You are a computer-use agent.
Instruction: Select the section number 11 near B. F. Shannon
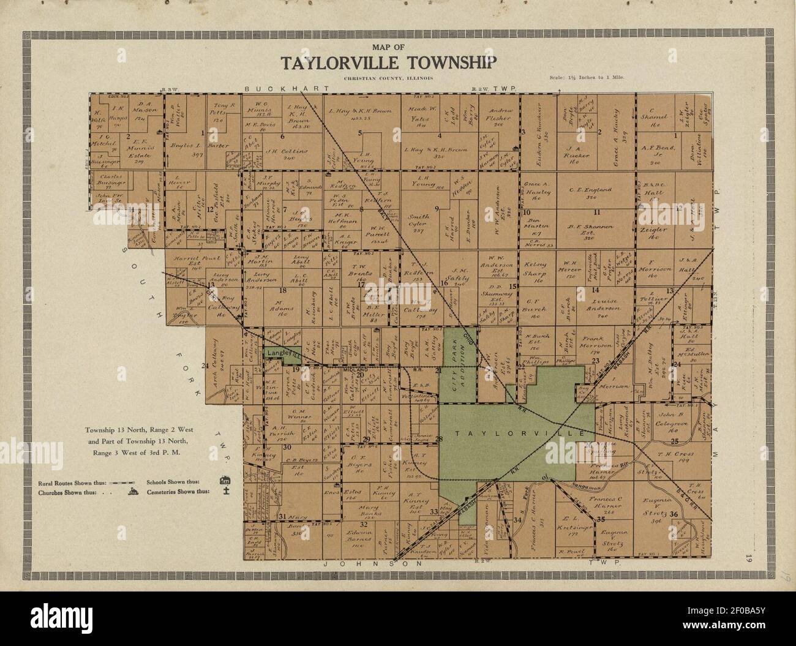coord(596,212)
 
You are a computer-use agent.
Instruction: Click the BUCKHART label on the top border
coord(274,89)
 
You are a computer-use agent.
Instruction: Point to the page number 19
coord(748,558)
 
